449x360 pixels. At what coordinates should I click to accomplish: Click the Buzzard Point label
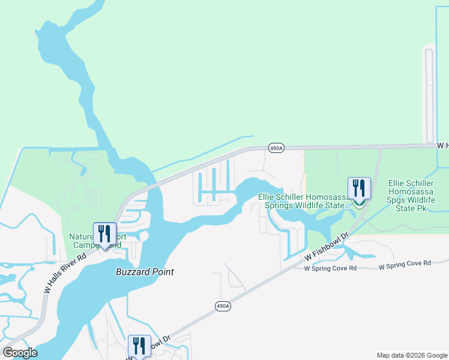point(145,272)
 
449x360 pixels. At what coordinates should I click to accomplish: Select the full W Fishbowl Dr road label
point(326,247)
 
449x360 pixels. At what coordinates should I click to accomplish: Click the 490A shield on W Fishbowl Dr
point(223,306)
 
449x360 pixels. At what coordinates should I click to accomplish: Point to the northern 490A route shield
point(276,149)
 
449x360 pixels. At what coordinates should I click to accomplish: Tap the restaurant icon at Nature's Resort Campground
point(104,233)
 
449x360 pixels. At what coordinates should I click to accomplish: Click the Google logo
point(20,353)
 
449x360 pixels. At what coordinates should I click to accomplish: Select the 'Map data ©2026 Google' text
point(411,355)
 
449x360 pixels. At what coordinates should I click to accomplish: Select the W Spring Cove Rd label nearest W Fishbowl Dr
point(330,268)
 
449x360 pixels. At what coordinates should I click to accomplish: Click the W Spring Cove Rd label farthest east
point(405,263)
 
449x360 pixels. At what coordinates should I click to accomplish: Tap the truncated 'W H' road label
point(442,145)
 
